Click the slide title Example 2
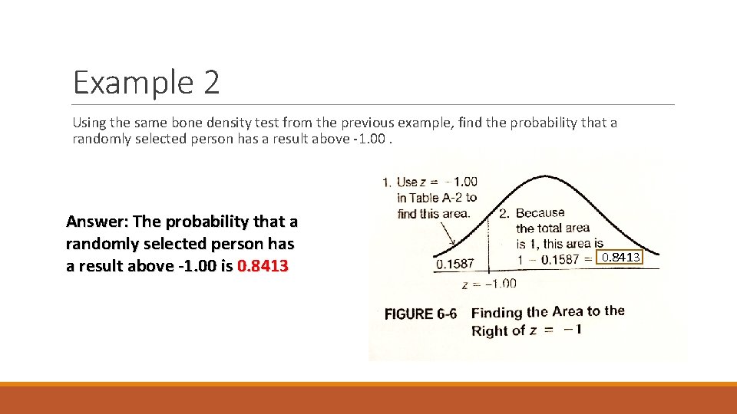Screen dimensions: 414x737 [146, 82]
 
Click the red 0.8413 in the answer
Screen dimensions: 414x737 [263, 266]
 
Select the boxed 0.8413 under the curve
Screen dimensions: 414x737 [620, 258]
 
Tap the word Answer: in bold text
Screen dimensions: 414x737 [97, 222]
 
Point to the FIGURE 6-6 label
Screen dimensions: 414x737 [420, 314]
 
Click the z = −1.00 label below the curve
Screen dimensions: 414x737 [489, 284]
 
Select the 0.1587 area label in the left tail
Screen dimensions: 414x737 [455, 264]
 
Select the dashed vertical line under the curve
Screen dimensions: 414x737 [490, 238]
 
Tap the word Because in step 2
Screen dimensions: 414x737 [540, 213]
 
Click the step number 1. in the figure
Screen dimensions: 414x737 [386, 182]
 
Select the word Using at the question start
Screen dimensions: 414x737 [88, 123]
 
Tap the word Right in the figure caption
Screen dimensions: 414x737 [490, 331]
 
